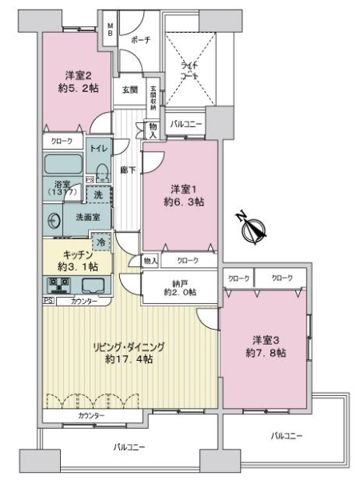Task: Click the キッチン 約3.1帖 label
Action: coord(72,260)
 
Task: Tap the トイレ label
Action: coord(98,148)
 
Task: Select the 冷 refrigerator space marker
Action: coord(102,239)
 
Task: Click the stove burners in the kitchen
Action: coord(58,284)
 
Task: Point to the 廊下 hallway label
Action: coord(126,169)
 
